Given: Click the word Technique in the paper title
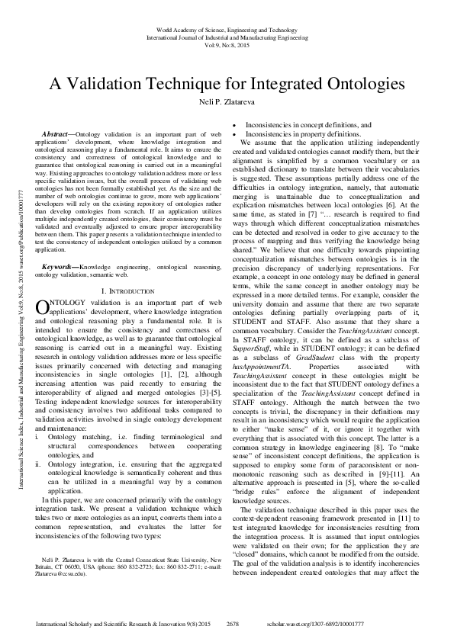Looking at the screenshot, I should [x=195, y=83].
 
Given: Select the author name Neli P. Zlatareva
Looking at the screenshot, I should [x=227, y=101].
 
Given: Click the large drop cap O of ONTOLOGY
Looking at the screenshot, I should [x=43, y=307].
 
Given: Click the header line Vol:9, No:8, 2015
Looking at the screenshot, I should [x=227, y=46].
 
